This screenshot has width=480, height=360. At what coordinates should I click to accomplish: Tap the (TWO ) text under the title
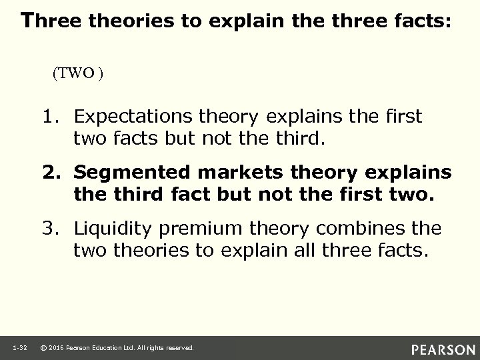(77, 74)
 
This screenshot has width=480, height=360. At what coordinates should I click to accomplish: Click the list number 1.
(53, 117)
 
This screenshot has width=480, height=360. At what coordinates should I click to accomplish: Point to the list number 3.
(53, 229)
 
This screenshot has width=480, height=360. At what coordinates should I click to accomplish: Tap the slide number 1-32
(19, 348)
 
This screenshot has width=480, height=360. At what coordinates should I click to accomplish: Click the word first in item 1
(404, 117)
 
